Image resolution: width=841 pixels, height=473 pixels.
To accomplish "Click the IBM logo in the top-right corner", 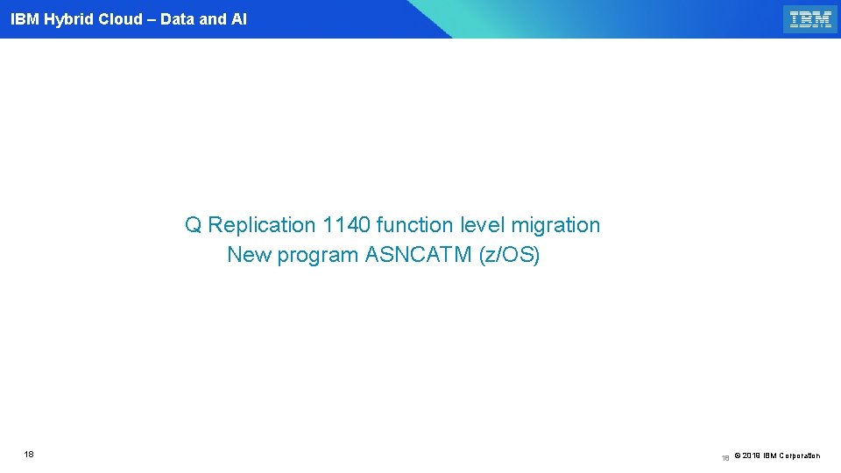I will click(810, 19).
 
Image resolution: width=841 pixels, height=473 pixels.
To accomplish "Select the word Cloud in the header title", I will click(120, 19).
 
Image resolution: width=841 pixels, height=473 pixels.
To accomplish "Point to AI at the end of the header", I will click(238, 19).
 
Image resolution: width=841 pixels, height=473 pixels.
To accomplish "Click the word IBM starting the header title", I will click(25, 19).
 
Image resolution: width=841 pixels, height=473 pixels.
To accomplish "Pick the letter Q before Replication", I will click(194, 225).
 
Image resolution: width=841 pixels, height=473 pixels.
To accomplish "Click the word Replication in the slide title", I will click(262, 225).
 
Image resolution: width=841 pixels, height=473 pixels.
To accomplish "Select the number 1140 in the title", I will click(346, 225).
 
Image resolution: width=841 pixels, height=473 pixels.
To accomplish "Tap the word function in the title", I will click(417, 225).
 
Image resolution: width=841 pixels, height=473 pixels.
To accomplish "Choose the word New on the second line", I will click(249, 255).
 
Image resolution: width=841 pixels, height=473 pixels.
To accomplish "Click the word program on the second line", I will click(318, 257).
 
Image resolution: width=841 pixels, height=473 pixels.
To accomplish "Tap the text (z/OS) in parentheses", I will click(509, 255).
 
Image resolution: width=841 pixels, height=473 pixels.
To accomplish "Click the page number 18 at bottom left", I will click(29, 455).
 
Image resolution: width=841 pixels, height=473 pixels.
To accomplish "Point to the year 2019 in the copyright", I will click(753, 455).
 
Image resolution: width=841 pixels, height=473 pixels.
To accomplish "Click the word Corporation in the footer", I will click(799, 455).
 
